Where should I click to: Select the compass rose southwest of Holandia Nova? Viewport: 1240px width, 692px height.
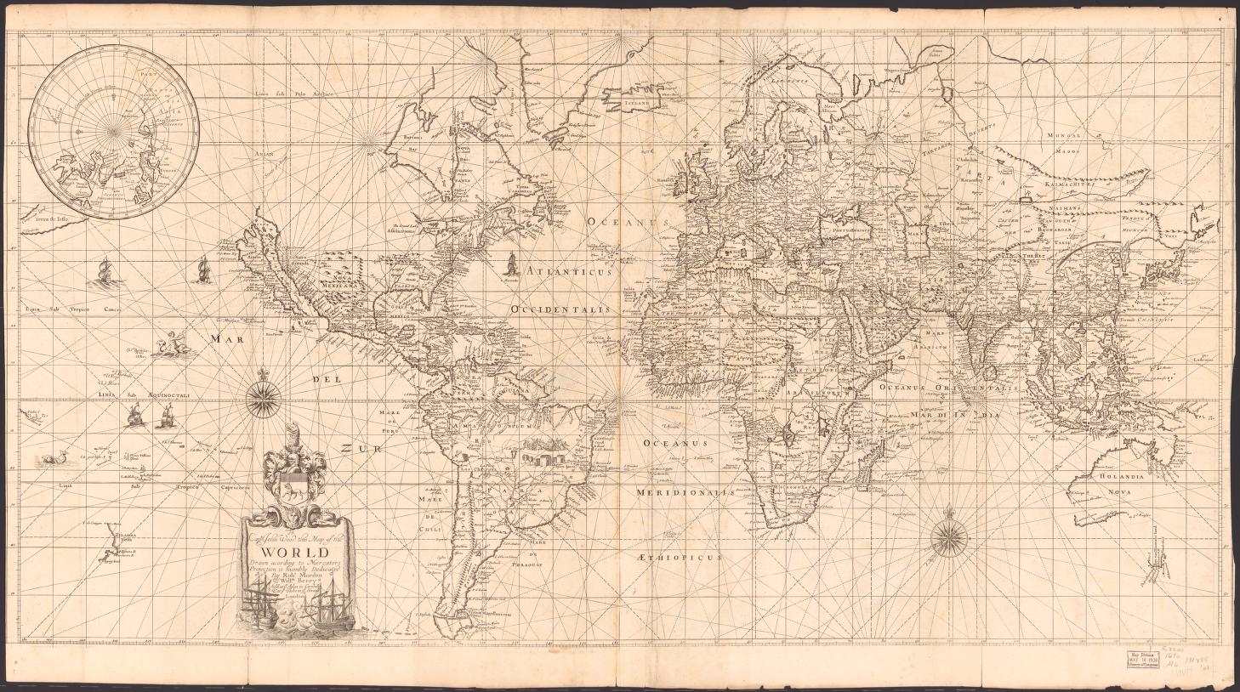pyautogui.click(x=944, y=536)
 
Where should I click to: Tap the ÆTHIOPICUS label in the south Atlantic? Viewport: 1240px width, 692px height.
pyautogui.click(x=678, y=558)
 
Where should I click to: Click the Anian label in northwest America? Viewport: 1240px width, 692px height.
pyautogui.click(x=252, y=154)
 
